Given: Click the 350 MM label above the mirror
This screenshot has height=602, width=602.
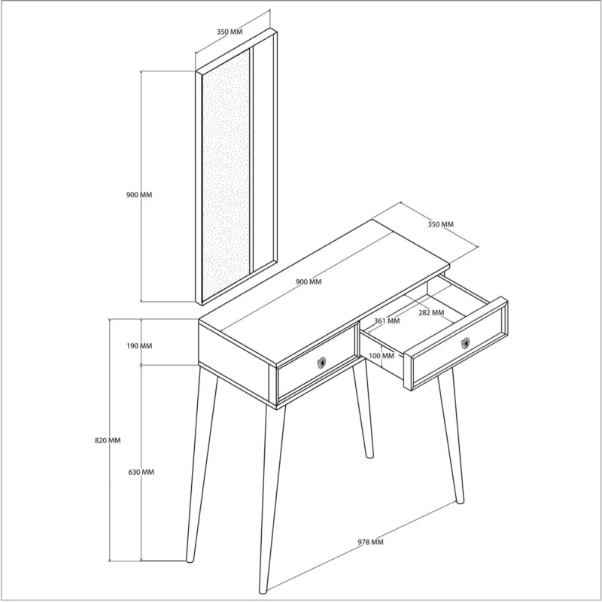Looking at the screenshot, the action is point(230,32).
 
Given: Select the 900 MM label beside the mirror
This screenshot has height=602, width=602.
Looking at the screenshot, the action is point(139,195).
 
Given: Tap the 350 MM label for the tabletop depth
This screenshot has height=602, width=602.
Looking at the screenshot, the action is point(441,224).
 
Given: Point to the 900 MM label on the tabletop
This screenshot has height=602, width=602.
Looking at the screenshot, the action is point(309,281).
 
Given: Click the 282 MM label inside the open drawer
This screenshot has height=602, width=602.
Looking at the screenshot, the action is point(431,312).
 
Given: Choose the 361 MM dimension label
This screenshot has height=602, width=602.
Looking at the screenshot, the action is point(387,321).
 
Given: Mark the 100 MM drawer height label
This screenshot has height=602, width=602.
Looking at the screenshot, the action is point(382,356).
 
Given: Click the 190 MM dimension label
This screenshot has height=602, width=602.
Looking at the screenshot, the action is point(139,346).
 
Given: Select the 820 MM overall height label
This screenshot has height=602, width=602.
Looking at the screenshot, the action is point(108,440).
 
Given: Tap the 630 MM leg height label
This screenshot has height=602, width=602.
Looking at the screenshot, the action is point(141,472).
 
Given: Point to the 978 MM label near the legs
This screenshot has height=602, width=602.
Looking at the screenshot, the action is point(371,542).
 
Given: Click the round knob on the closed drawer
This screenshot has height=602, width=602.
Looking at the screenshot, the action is point(321,363).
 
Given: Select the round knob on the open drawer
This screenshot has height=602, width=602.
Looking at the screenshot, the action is point(465,343).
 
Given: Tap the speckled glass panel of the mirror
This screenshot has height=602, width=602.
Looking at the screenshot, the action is point(226,175).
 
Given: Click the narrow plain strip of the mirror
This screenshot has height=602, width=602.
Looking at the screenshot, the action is point(263,153).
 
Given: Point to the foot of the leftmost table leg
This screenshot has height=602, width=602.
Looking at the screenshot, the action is point(190,559).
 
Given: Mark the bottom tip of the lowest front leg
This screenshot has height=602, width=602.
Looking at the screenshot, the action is point(263,591).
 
